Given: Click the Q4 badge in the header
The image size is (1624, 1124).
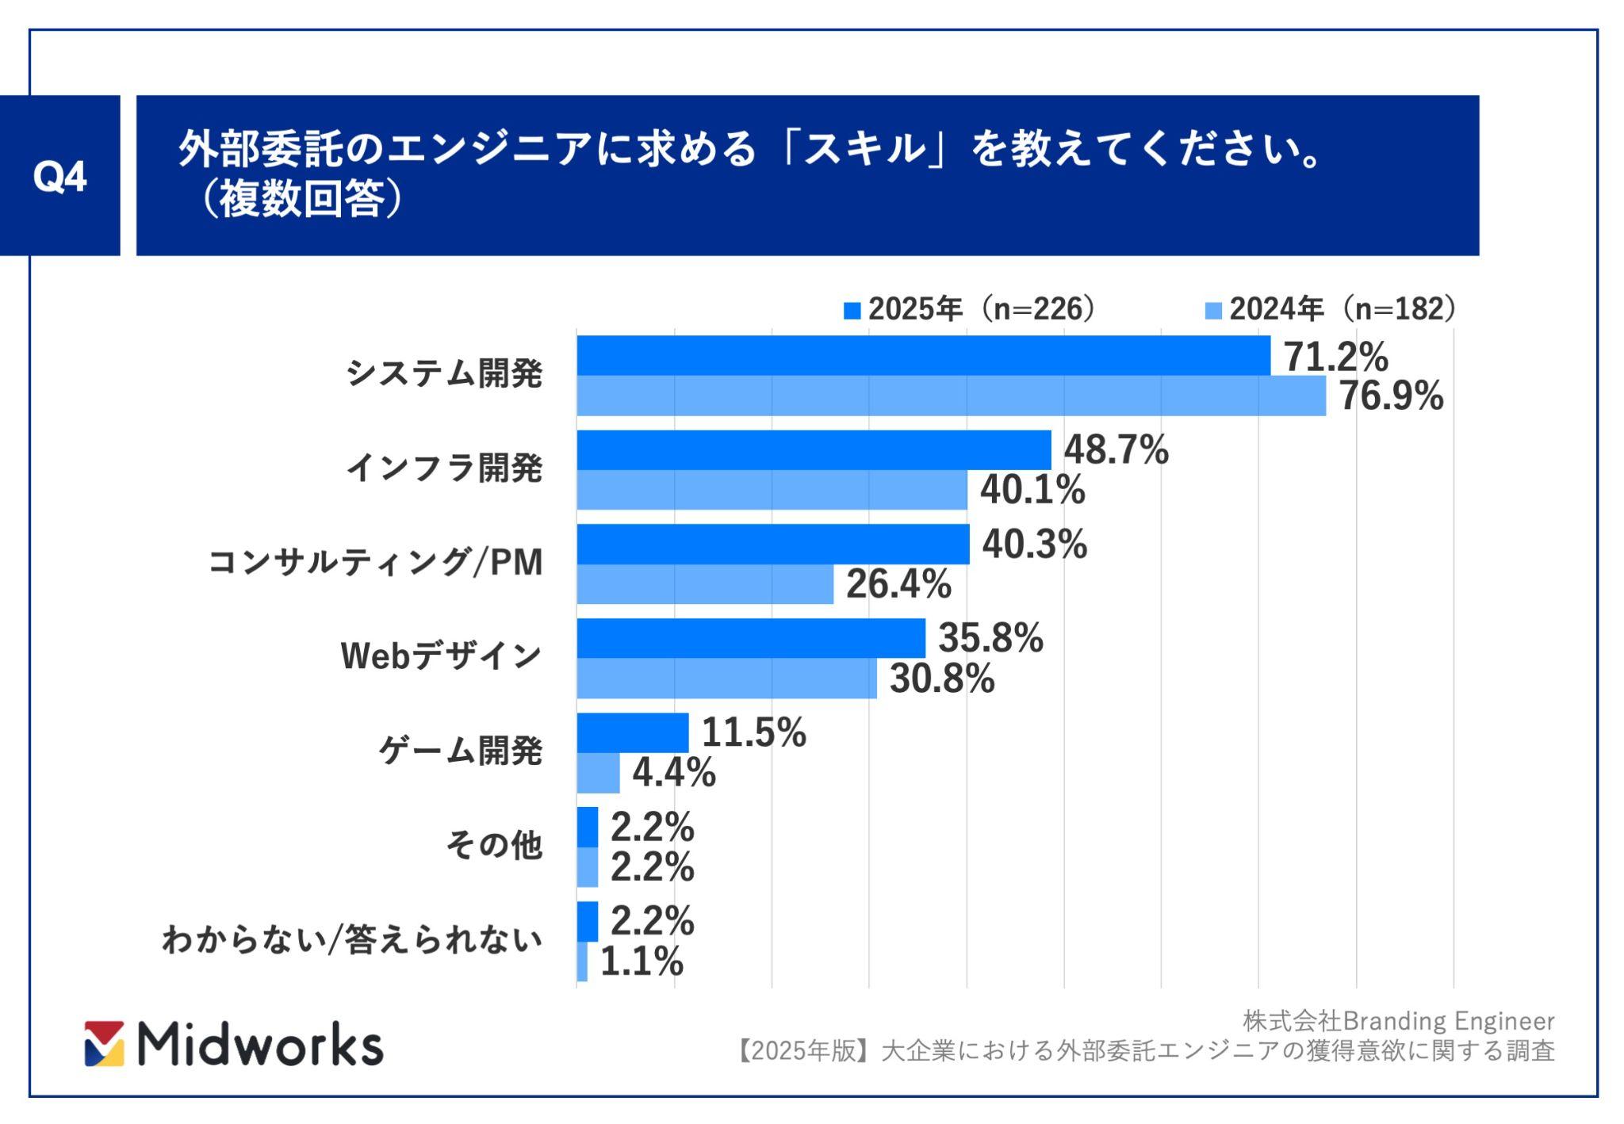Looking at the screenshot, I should click(x=59, y=176).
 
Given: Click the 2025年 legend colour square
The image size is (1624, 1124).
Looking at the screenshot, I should click(x=852, y=310).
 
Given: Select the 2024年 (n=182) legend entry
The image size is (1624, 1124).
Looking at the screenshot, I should click(x=1331, y=309).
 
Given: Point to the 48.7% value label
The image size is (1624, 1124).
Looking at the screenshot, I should click(x=1116, y=450).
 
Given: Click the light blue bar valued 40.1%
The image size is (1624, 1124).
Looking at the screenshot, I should click(x=771, y=490).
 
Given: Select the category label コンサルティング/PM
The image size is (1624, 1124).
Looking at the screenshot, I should click(x=375, y=563).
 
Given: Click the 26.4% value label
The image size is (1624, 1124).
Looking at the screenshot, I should click(x=898, y=584).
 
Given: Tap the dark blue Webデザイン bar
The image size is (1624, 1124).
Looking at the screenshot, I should click(x=750, y=638).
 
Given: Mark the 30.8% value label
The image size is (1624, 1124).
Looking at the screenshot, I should click(x=942, y=679).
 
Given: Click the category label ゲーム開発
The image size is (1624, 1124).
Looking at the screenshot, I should click(x=460, y=751).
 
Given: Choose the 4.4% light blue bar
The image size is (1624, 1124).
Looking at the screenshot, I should click(x=598, y=773).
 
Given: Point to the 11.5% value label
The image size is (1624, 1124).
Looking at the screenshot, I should click(x=753, y=732).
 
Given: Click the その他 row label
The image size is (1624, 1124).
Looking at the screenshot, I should click(x=494, y=845).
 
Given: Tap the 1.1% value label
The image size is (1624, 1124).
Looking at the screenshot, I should click(x=642, y=962).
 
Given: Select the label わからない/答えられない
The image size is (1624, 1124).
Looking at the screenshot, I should click(x=352, y=939).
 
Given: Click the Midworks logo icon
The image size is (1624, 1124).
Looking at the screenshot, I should click(x=105, y=1043).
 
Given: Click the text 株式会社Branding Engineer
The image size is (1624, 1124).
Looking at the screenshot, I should click(x=1398, y=1021).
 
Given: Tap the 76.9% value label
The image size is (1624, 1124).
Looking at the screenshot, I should click(x=1391, y=396).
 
